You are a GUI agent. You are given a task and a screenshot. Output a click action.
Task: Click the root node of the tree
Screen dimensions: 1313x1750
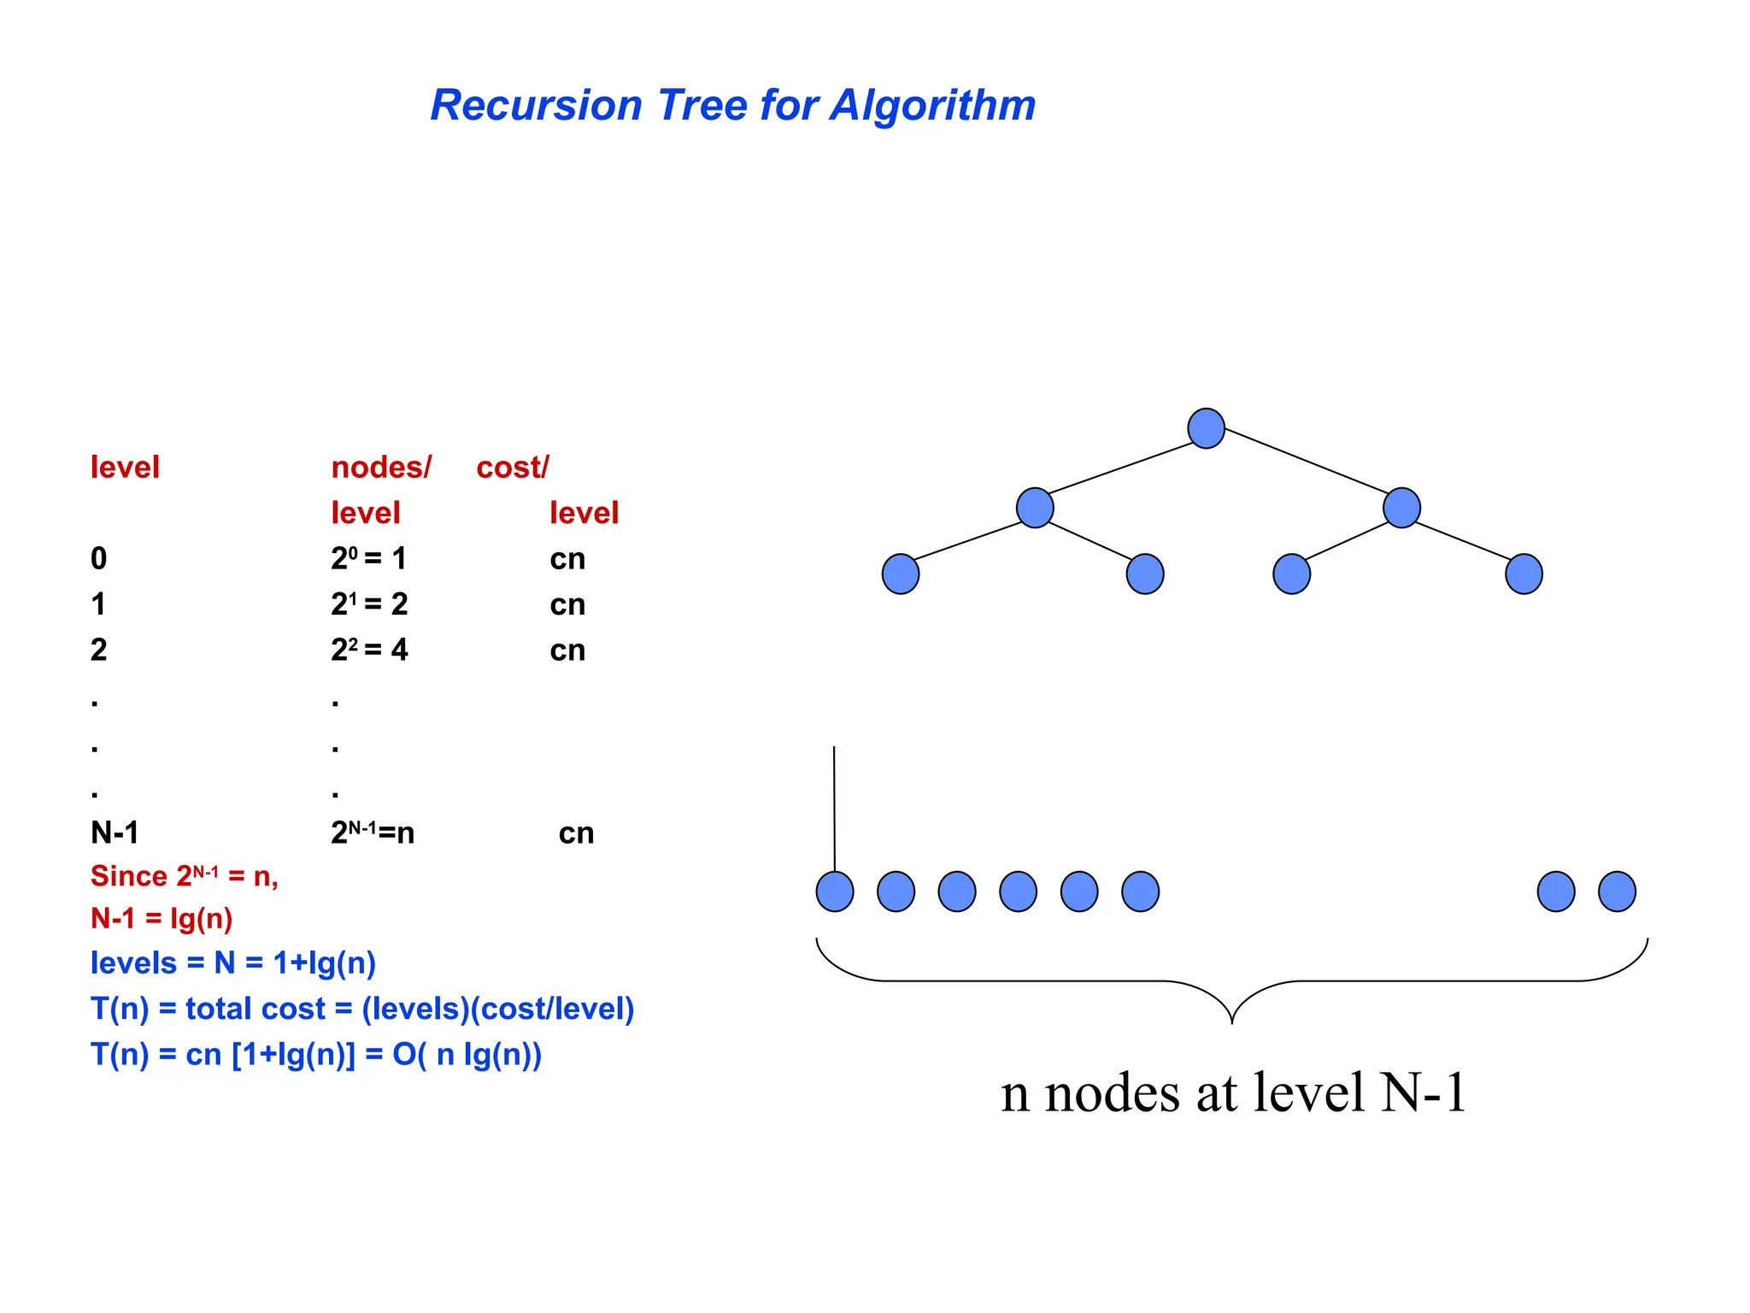[x=1206, y=428]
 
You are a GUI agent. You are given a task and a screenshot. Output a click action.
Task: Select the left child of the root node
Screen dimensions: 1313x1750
[x=1035, y=508]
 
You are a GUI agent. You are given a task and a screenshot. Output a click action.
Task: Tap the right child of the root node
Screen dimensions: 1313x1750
[x=1401, y=508]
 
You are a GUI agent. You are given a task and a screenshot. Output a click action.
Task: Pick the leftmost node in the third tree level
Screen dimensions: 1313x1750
[x=901, y=574]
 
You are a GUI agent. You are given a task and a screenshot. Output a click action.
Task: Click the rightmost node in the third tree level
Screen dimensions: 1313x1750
[x=1524, y=574]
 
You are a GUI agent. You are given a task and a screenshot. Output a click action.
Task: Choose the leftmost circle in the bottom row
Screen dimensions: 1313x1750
[x=835, y=892]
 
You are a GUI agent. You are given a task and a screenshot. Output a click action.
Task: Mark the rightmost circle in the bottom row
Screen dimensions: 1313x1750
[x=1617, y=892]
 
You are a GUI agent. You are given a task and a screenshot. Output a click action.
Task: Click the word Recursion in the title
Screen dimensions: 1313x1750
[x=536, y=106]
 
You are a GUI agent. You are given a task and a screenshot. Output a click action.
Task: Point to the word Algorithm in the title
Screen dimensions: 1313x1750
[x=933, y=106]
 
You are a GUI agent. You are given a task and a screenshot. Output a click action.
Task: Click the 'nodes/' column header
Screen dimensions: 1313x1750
[x=381, y=468]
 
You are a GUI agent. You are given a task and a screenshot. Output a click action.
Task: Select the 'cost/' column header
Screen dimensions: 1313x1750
[x=513, y=468]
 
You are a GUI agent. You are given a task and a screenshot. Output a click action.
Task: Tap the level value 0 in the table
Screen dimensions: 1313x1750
[x=99, y=559]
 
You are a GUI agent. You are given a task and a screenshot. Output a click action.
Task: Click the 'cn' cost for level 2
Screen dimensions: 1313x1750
[x=567, y=651]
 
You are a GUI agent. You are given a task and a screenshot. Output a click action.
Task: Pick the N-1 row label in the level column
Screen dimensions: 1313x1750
[x=115, y=833]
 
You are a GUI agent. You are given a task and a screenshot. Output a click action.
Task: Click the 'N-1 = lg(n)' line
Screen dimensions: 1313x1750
[x=161, y=919]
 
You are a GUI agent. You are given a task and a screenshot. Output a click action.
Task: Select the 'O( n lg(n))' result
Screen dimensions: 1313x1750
[x=467, y=1055]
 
